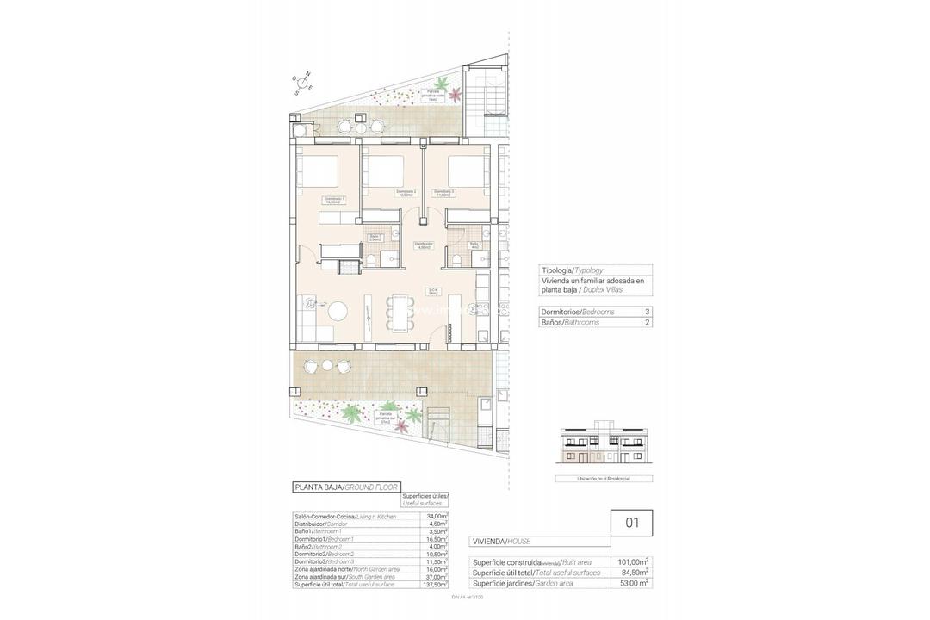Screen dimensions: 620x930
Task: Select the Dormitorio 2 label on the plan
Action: coord(406,192)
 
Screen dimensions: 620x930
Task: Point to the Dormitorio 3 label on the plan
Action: coord(443,192)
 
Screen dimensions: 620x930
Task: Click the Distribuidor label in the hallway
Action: coord(423,245)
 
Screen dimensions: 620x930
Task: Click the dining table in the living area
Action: coord(399,312)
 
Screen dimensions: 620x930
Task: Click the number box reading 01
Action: coord(631,521)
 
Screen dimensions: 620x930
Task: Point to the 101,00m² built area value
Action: coord(633,561)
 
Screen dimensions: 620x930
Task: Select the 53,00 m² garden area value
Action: coord(633,583)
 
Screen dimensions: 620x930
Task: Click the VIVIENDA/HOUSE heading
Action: coord(501,541)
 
